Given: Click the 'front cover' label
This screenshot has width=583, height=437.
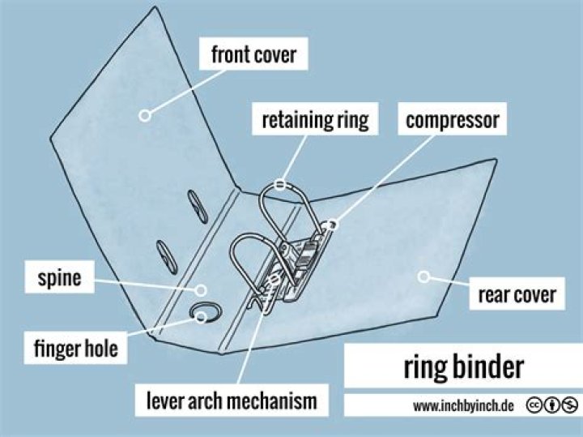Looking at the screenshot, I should tap(253, 56).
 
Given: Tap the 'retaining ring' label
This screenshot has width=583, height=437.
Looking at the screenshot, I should tap(315, 122).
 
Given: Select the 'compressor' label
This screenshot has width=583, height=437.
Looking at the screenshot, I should tap(453, 122).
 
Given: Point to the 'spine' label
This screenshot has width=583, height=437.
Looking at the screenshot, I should tap(58, 279).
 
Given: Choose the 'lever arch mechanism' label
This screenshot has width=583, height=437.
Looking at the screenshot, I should tap(232, 401).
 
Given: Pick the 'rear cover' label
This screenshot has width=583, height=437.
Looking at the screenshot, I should tap(517, 293).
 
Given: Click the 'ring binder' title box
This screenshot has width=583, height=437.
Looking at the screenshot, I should tap(463, 367).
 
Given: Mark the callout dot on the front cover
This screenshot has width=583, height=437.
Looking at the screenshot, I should tap(145, 115).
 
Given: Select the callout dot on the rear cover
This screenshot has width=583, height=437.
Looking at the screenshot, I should tap(423, 277).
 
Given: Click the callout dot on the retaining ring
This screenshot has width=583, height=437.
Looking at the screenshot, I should tap(280, 184).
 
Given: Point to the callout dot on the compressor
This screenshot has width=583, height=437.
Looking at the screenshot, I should tap(332, 222).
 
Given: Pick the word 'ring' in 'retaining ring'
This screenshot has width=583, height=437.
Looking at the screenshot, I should tap(352, 122).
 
